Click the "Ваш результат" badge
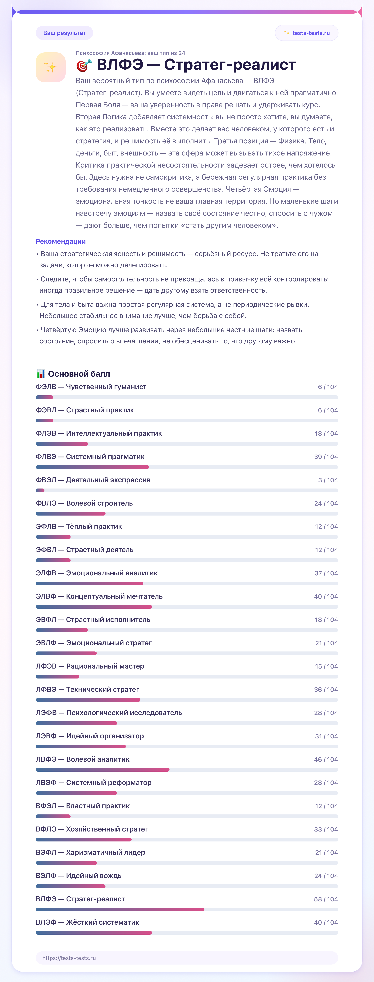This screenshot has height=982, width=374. tap(64, 33)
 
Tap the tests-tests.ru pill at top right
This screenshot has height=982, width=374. tap(307, 33)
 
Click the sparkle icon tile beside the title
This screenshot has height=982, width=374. tap(51, 67)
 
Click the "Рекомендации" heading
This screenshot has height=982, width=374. tap(61, 241)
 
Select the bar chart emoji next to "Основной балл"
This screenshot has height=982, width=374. tap(41, 374)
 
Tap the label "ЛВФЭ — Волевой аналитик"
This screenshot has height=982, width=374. tap(83, 759)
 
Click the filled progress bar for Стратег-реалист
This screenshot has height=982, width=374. tap(120, 910)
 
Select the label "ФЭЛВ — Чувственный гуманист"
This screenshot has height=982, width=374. tap(91, 387)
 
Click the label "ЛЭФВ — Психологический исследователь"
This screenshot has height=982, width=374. tap(109, 713)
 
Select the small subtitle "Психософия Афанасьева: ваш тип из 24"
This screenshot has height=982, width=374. tap(130, 53)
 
